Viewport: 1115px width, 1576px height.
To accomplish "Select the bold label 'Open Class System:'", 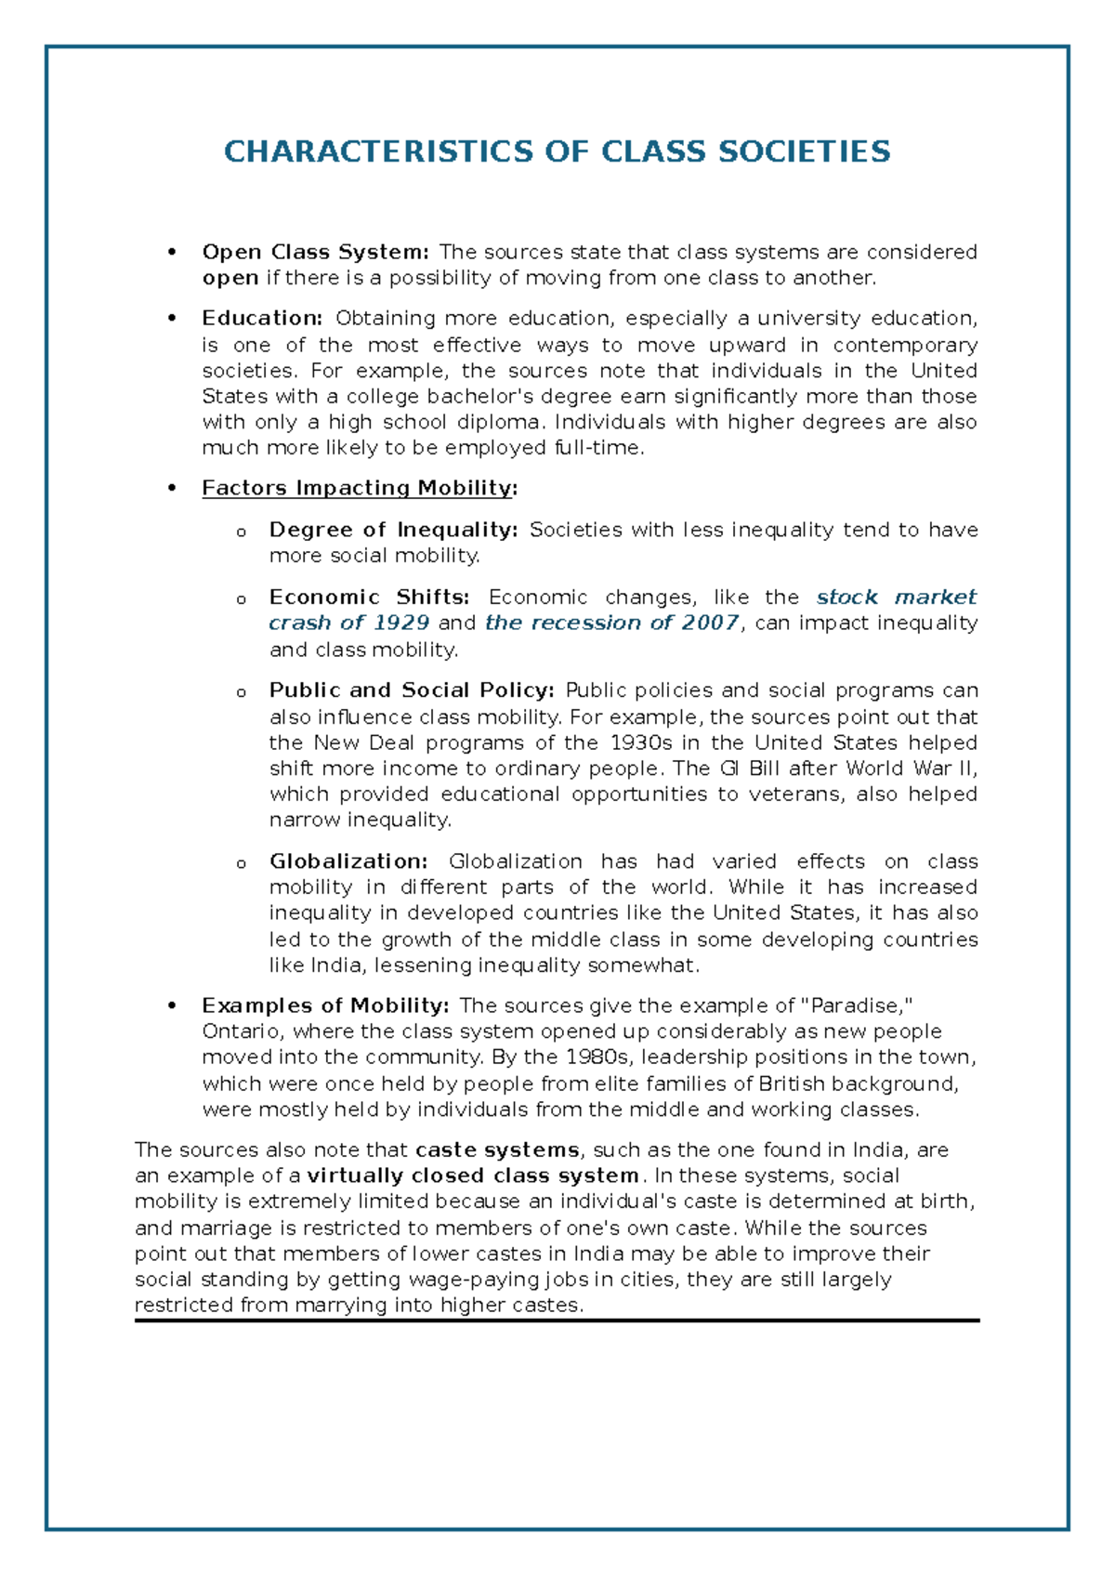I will (315, 252).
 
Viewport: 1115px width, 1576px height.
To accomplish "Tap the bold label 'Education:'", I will (262, 319).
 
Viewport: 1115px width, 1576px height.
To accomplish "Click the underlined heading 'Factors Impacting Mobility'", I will (357, 488).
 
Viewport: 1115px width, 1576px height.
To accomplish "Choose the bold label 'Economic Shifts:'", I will (369, 597).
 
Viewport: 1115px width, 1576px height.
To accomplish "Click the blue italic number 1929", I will (400, 623).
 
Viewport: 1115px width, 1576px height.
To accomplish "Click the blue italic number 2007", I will (710, 623).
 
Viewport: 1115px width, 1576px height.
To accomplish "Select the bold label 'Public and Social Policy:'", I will (412, 690).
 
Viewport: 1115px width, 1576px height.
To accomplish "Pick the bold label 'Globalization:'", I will (348, 861).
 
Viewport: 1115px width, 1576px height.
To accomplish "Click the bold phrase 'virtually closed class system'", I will (473, 1175).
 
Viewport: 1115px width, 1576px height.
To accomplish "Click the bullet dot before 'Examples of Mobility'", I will (170, 1005).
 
